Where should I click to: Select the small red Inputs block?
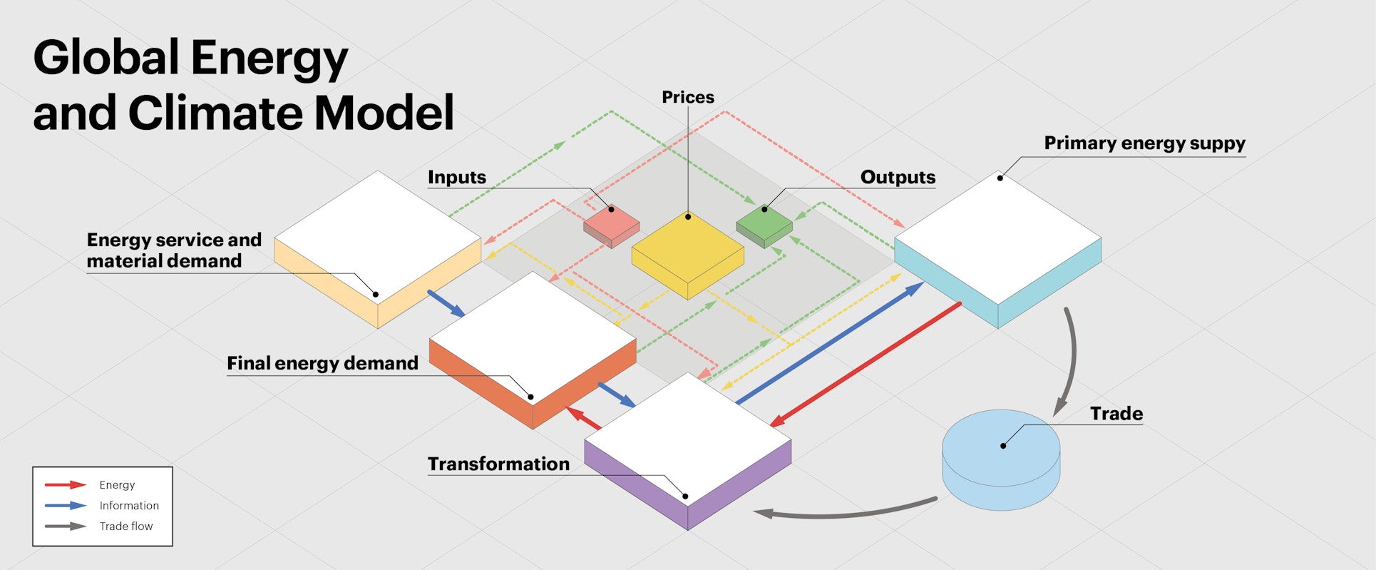611,225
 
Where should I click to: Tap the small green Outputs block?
764,224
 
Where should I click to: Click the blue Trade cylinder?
1001,460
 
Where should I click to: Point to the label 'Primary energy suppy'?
1144,143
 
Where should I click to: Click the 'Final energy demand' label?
322,363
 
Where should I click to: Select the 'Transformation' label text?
498,464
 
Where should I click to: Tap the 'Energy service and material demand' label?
174,250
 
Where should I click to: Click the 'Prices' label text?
687,97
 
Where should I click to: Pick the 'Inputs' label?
456,177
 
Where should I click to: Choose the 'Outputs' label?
898,177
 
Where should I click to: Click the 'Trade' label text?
1116,414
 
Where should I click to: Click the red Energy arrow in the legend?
66,485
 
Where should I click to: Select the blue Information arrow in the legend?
66,506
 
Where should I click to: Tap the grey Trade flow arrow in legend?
66,526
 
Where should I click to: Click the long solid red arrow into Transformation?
866,364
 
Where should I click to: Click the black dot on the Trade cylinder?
1003,446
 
